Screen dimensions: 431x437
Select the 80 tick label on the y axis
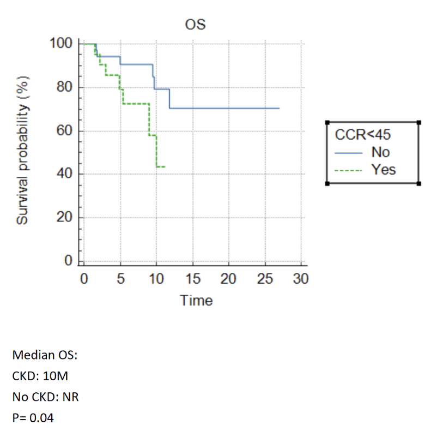[63, 87]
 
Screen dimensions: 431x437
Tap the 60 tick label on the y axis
[63, 131]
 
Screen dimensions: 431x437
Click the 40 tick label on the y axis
[63, 175]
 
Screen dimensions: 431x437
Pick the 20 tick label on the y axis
[63, 218]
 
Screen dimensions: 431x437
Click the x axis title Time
[197, 300]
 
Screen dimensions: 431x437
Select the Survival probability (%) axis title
[22, 154]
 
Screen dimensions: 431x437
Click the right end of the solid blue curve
[279, 109]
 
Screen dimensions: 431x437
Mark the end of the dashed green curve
[164, 166]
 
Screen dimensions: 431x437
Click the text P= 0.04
[33, 418]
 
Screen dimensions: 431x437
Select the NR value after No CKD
[71, 397]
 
